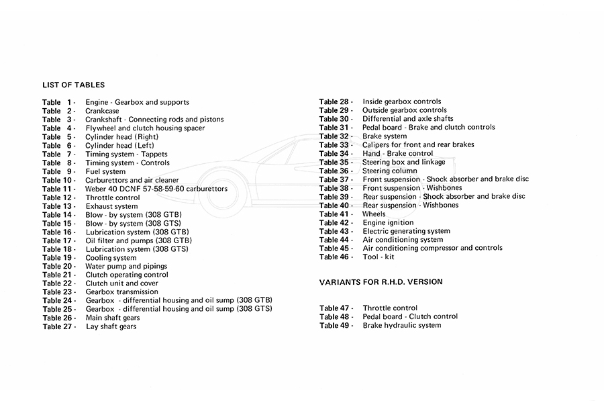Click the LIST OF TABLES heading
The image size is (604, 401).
click(73, 85)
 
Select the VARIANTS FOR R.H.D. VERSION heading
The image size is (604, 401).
click(381, 282)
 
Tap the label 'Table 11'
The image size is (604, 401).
click(58, 189)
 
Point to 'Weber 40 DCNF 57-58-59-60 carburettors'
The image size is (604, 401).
click(156, 189)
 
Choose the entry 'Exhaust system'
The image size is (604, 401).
click(111, 206)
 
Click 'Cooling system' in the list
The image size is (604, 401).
click(111, 258)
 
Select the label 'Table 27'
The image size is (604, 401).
click(58, 326)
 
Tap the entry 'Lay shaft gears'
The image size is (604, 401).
click(111, 326)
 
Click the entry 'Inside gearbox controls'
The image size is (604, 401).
click(401, 102)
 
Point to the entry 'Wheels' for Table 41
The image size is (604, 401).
click(374, 214)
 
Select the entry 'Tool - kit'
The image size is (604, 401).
click(379, 257)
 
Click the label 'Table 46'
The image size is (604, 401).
click(336, 257)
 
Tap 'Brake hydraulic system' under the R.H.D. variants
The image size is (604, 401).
click(402, 325)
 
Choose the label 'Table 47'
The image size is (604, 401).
click(336, 308)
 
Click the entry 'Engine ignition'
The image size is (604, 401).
click(388, 223)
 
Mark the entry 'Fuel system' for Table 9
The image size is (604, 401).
click(105, 172)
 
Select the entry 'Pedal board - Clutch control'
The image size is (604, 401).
click(410, 316)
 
